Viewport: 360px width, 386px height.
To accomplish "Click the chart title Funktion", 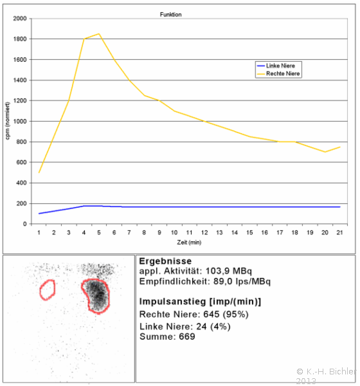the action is pyautogui.click(x=170, y=15).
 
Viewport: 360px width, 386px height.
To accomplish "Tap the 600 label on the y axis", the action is pyautogui.click(x=21, y=162).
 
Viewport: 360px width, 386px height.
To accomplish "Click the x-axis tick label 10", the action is pyautogui.click(x=174, y=233).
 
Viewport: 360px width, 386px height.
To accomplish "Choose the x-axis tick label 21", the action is pyautogui.click(x=339, y=233).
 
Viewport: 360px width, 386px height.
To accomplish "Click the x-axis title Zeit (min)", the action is pyautogui.click(x=189, y=243).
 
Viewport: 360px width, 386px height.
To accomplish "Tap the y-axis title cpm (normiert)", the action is pyautogui.click(x=7, y=121).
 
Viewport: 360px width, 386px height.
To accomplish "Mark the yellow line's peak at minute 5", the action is pyautogui.click(x=99, y=33).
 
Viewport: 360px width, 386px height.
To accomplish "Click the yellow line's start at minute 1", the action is pyautogui.click(x=39, y=172).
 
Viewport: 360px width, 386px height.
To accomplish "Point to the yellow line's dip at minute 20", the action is pyautogui.click(x=325, y=152).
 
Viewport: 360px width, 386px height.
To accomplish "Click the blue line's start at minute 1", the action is pyautogui.click(x=39, y=214).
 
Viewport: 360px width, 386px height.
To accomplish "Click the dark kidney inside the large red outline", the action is pyautogui.click(x=98, y=296).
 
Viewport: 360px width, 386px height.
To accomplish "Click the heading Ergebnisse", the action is pyautogui.click(x=165, y=261).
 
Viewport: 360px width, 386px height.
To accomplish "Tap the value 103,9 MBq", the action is pyautogui.click(x=229, y=271).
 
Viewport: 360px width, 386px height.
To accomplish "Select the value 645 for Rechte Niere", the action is pyautogui.click(x=211, y=315).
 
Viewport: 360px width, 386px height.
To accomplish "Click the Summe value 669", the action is pyautogui.click(x=187, y=336).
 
